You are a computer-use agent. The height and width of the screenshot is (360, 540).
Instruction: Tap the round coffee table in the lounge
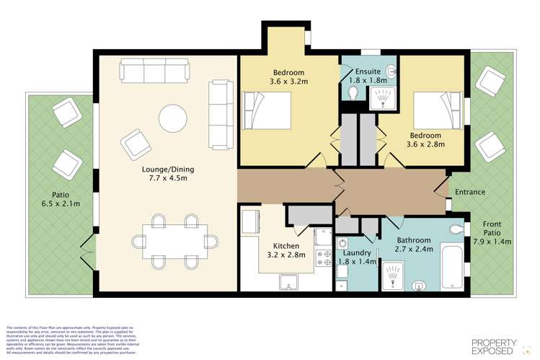click(x=173, y=118)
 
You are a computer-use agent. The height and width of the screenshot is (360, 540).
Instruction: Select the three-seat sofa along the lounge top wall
click(x=154, y=71)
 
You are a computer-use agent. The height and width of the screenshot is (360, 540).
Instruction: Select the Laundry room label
click(x=357, y=258)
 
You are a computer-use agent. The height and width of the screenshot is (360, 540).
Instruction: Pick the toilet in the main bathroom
click(x=456, y=229)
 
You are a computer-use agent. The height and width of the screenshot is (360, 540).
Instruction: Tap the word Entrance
click(x=470, y=193)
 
